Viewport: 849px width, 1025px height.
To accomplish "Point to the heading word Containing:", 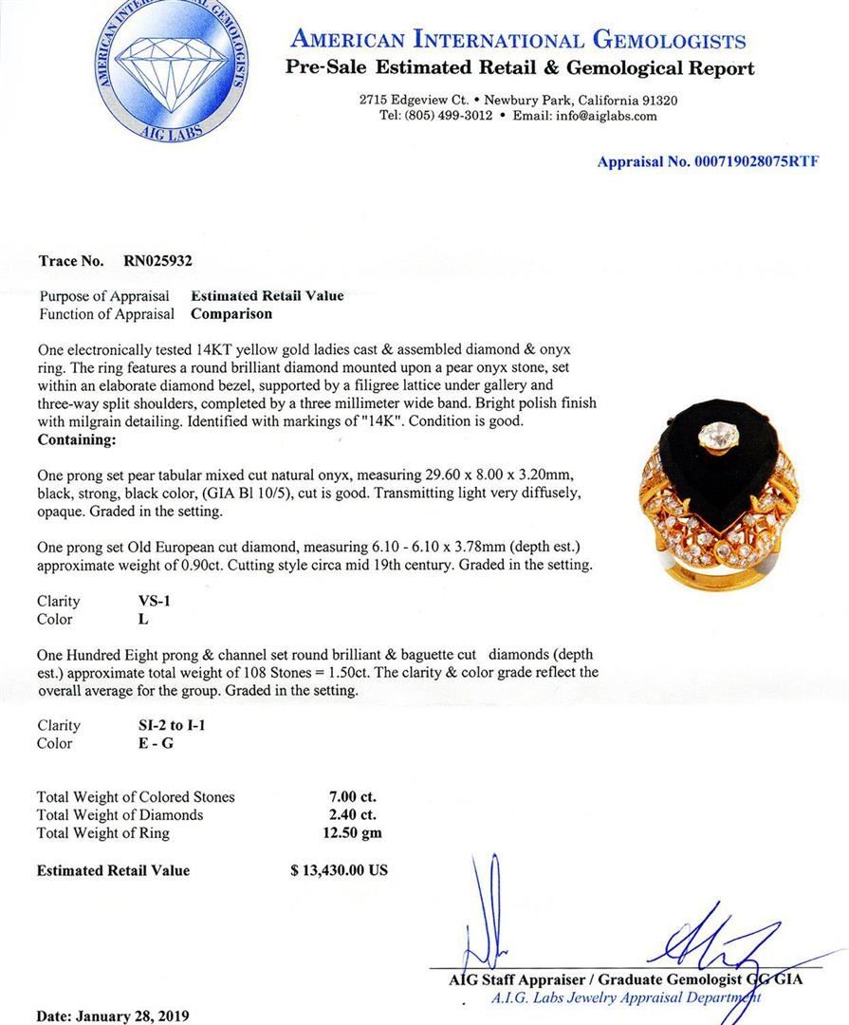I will (x=77, y=440).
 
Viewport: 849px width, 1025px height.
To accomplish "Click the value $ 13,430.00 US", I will (x=339, y=870).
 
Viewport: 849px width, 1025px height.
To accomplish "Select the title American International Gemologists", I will (x=518, y=40).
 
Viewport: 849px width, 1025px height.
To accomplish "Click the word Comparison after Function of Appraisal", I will (x=231, y=313).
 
